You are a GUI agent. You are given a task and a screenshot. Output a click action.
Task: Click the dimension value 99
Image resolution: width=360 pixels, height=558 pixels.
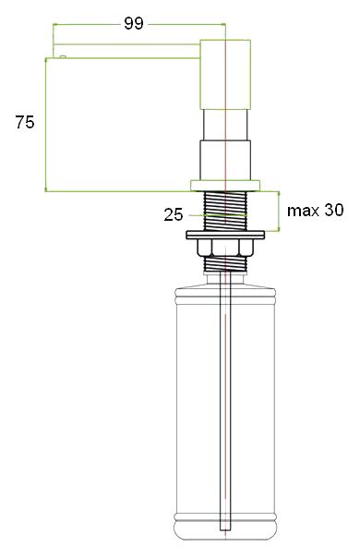[x=134, y=24]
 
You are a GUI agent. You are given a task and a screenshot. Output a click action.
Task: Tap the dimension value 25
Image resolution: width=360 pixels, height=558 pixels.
[x=174, y=215]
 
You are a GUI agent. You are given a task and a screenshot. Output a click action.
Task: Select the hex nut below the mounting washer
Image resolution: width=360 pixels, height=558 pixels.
[x=225, y=247]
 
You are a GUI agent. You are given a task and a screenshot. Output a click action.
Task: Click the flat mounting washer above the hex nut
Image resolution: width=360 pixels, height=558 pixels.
[x=225, y=235]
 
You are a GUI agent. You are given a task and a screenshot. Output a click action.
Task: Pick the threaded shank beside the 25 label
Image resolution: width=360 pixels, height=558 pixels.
[x=225, y=212]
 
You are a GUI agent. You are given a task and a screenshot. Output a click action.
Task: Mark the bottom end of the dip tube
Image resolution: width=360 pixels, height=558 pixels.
[x=225, y=528]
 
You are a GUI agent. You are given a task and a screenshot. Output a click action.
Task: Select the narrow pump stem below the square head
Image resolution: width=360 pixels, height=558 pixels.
[x=225, y=125]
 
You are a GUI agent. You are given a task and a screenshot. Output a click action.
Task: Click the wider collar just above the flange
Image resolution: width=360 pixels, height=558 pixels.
[x=225, y=159]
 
